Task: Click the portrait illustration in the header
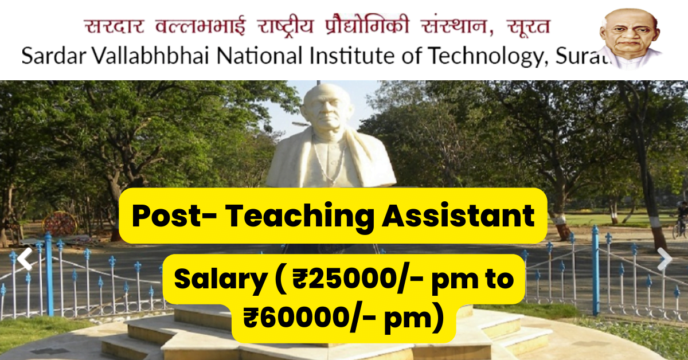(630, 37)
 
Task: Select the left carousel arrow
(24, 259)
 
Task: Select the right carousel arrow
(664, 259)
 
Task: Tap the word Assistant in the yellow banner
(458, 216)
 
